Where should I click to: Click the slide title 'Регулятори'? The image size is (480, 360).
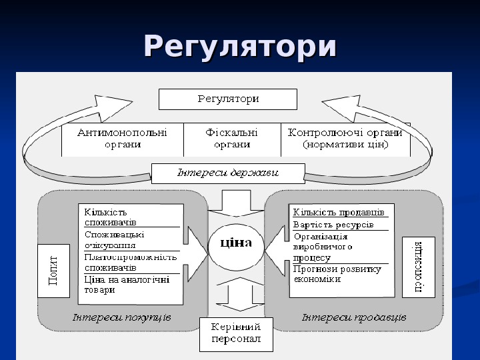tap(240, 48)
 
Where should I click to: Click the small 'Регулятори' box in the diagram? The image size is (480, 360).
tap(227, 99)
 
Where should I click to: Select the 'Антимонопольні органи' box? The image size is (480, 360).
tap(122, 139)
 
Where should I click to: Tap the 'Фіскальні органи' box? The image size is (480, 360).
tap(231, 139)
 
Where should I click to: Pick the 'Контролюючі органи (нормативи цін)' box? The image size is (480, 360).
tap(345, 139)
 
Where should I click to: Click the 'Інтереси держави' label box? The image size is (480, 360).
tap(228, 173)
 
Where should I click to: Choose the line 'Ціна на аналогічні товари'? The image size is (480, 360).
tap(127, 285)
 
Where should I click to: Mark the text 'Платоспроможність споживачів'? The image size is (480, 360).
tap(130, 262)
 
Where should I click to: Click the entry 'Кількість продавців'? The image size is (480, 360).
tap(339, 212)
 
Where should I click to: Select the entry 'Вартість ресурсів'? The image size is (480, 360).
tap(333, 225)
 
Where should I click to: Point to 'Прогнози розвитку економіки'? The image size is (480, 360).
tap(337, 274)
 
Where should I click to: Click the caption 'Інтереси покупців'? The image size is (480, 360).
tap(121, 317)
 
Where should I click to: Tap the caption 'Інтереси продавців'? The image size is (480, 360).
tap(353, 317)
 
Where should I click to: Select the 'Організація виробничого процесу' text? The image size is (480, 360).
tap(323, 247)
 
